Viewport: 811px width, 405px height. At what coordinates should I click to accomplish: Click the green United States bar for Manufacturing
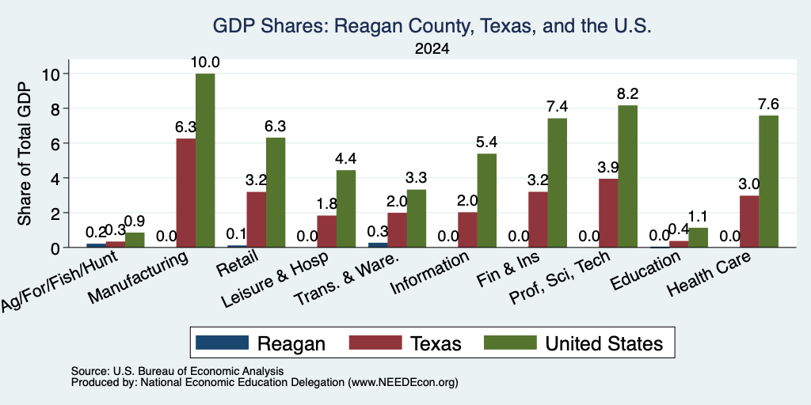click(x=205, y=160)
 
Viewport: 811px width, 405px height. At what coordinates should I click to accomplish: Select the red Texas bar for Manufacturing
click(x=186, y=193)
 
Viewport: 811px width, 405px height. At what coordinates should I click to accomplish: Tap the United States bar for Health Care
click(x=768, y=181)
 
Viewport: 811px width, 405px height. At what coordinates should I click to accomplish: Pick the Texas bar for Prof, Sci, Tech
click(x=607, y=213)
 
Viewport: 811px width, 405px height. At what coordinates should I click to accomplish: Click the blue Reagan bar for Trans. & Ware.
click(x=378, y=245)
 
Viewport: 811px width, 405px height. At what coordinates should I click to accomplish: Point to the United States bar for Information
click(x=487, y=200)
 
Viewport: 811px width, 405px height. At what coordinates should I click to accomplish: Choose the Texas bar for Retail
click(x=257, y=220)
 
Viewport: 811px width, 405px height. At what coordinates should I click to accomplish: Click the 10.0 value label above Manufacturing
click(x=205, y=62)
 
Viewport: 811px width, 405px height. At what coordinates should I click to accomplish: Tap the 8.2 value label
click(x=627, y=94)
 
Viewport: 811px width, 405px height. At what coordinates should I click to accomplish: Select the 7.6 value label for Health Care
click(x=768, y=104)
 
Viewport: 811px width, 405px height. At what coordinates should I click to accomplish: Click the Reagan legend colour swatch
click(x=222, y=343)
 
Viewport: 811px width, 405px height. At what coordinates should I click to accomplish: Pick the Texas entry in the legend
click(x=436, y=343)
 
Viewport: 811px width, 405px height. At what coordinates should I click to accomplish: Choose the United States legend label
click(x=604, y=343)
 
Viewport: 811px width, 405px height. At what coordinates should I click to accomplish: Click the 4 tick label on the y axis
click(x=55, y=178)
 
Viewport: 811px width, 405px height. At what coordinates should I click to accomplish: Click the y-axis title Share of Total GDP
click(x=25, y=153)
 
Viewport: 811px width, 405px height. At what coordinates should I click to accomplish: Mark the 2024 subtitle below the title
click(x=432, y=49)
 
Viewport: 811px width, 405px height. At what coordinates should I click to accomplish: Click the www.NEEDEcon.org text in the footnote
click(x=403, y=383)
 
